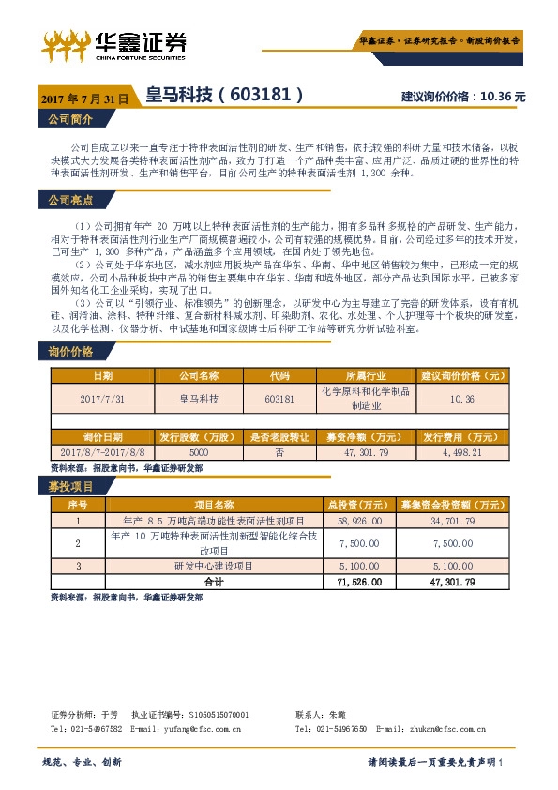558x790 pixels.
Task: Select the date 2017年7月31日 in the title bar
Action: pos(84,97)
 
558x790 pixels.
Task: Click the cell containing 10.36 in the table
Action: pos(462,398)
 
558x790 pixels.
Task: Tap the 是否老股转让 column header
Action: pos(279,437)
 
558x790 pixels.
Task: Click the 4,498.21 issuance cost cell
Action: pos(462,451)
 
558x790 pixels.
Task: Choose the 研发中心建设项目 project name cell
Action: pos(218,566)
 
